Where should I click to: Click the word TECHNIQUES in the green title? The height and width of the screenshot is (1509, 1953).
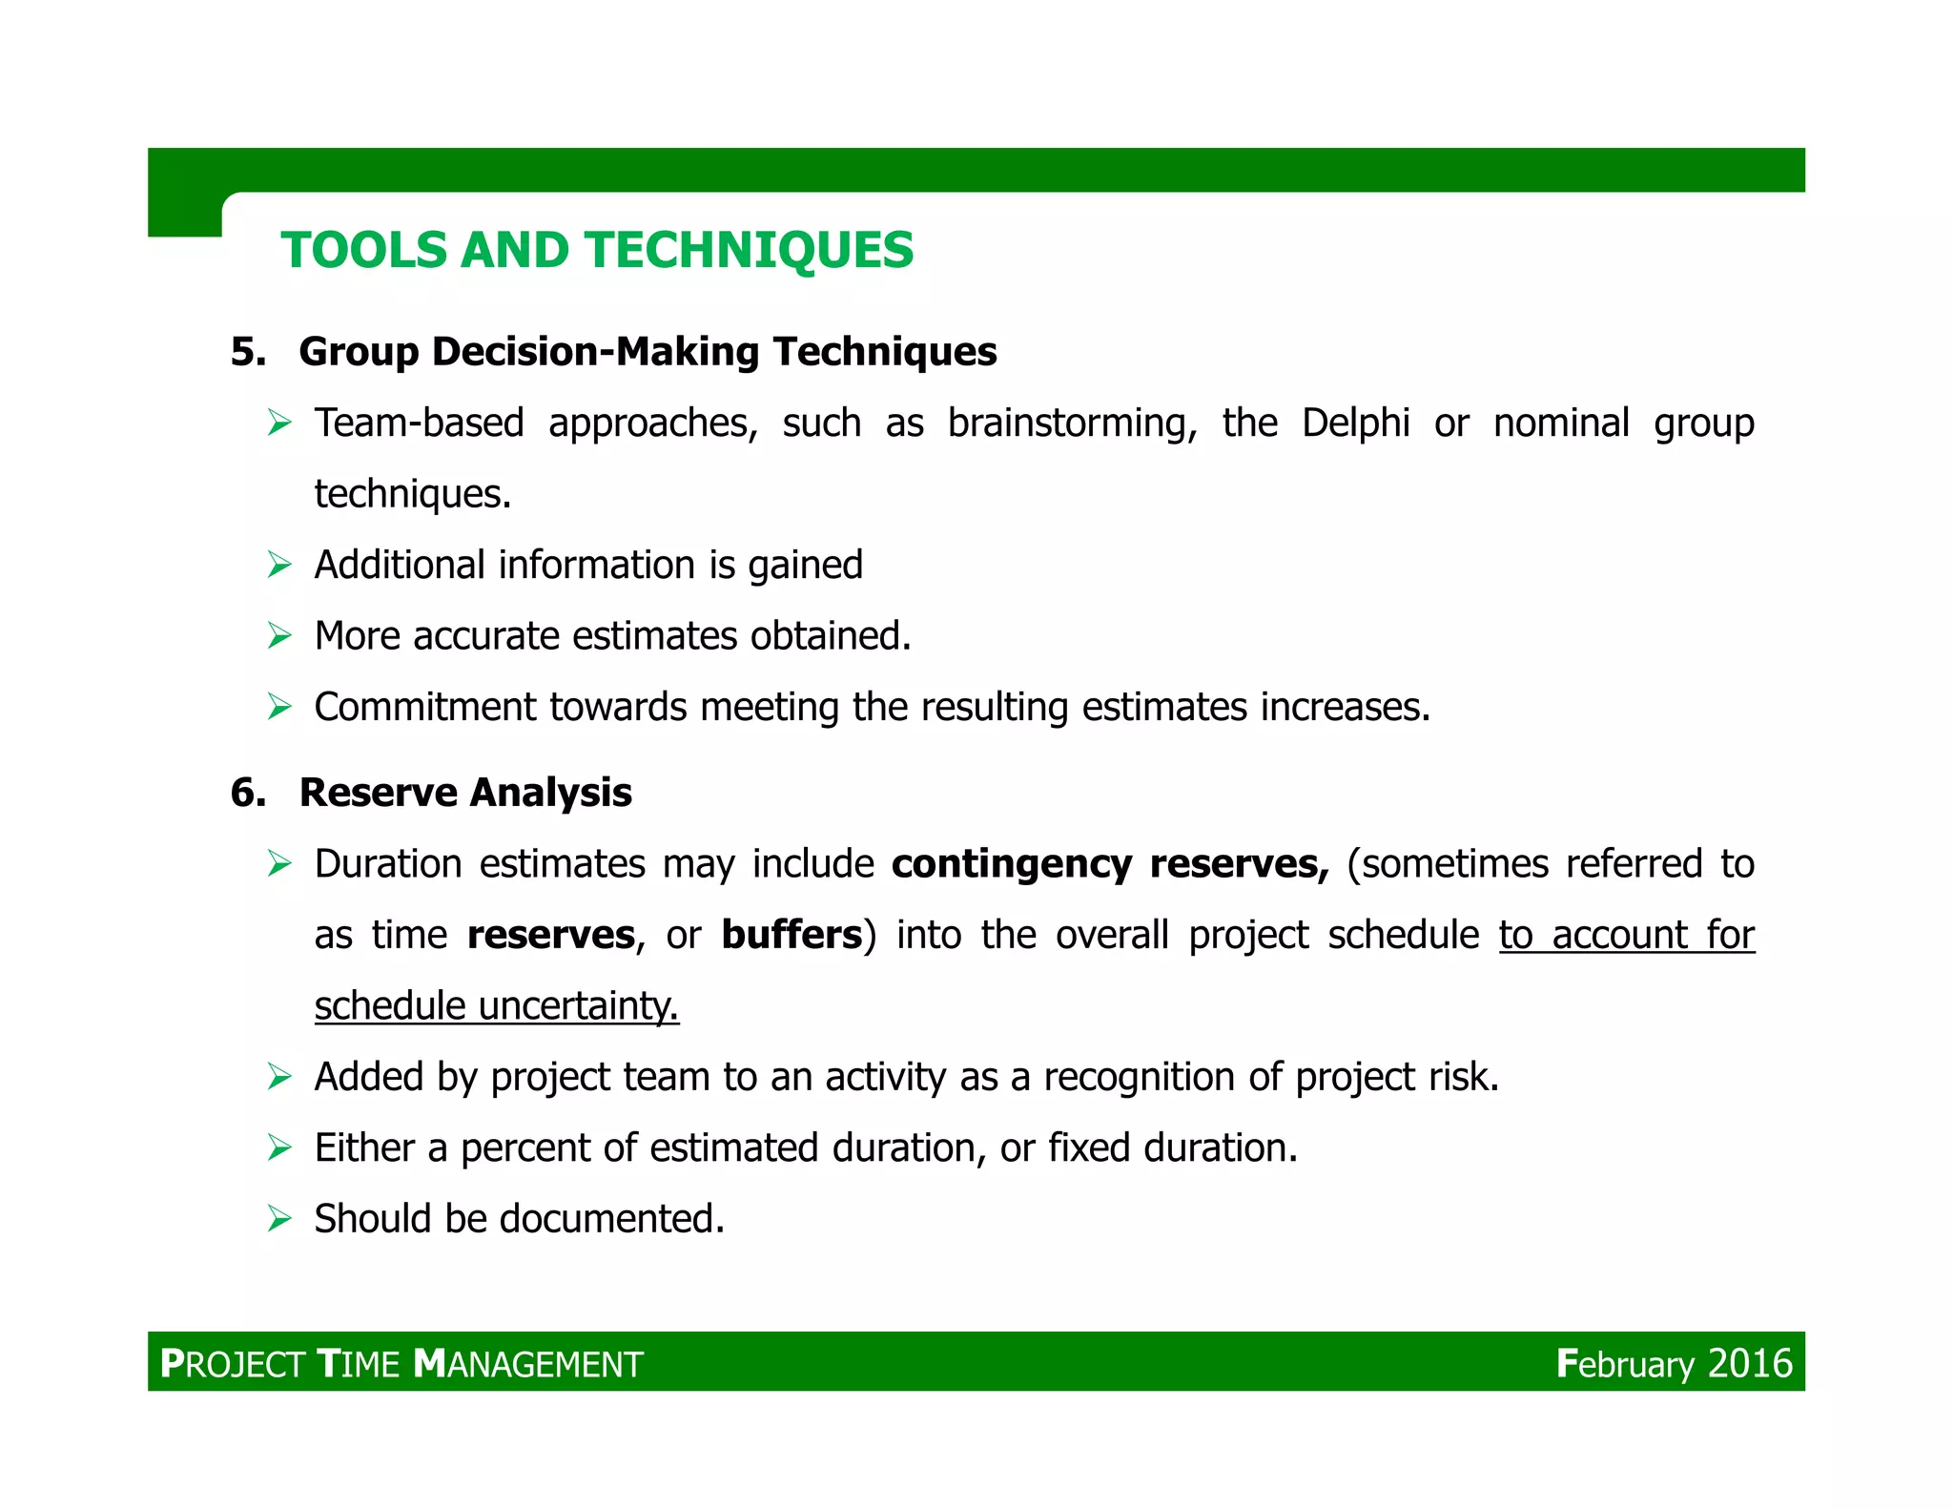750,251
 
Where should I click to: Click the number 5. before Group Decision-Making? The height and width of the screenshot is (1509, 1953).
248,352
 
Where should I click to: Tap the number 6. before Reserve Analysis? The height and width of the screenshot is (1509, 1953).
248,793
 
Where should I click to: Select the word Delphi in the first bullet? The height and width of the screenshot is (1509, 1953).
1355,423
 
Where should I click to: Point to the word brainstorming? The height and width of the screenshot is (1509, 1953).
1072,423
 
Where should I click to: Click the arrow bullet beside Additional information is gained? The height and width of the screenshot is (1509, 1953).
279,565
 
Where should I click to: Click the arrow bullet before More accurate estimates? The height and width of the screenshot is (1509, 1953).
279,635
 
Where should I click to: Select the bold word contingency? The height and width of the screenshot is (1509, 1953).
1011,863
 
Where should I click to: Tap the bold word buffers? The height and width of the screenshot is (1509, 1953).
791,935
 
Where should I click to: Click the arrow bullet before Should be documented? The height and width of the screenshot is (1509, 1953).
279,1218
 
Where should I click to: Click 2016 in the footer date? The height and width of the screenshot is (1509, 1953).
1750,1363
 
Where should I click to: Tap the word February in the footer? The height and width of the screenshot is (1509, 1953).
1625,1363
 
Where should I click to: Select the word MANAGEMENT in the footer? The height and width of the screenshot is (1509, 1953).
529,1364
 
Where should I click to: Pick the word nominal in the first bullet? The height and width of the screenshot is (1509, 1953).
1561,423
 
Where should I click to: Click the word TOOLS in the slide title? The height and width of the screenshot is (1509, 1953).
363,251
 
